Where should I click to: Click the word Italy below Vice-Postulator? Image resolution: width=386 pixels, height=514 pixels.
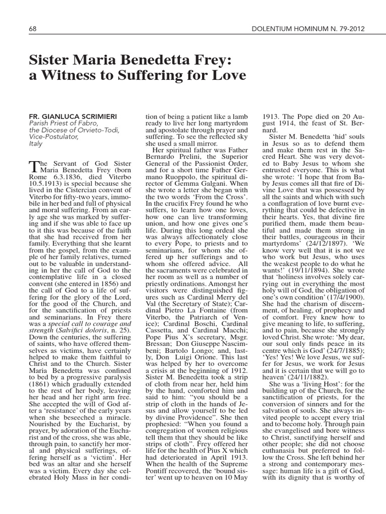[36, 144]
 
